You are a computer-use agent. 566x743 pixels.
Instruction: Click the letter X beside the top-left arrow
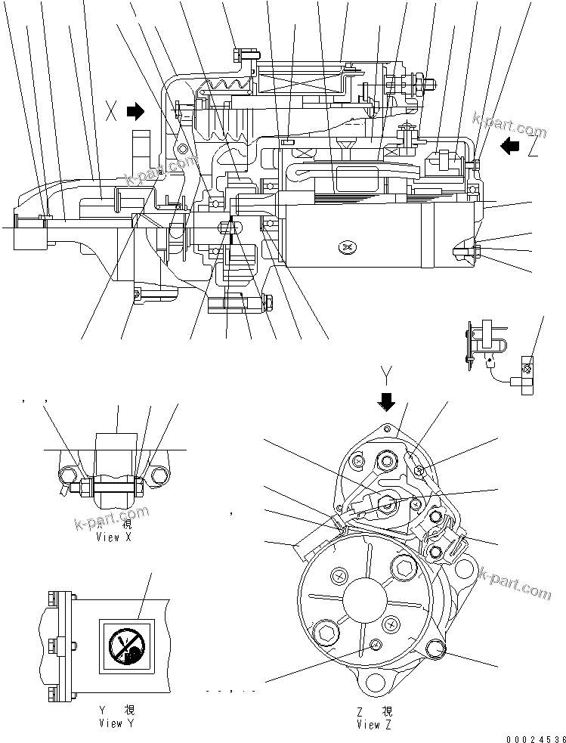[x=112, y=113]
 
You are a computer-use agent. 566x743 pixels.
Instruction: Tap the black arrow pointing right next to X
[x=135, y=113]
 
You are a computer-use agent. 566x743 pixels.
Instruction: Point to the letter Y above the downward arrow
[x=387, y=375]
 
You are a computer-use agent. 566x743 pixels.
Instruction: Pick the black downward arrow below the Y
[x=387, y=401]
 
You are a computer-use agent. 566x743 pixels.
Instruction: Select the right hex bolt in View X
[x=159, y=476]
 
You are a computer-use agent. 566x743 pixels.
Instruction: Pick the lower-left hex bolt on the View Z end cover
[x=327, y=630]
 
